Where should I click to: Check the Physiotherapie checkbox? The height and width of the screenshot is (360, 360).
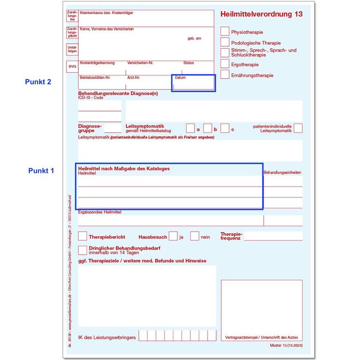(x=225, y=31)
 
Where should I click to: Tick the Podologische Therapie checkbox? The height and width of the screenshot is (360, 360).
(x=225, y=42)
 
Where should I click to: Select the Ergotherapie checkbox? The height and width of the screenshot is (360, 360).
(x=225, y=64)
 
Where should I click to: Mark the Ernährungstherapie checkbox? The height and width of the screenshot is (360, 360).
(x=225, y=75)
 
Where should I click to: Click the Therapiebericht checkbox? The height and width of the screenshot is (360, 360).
(x=82, y=236)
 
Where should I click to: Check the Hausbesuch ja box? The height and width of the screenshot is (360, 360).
(x=173, y=236)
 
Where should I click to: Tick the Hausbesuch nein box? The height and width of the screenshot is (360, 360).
(x=195, y=236)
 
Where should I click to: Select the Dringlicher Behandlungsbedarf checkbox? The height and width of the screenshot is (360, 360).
(x=82, y=250)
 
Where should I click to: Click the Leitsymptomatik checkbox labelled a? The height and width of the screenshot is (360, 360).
(x=190, y=128)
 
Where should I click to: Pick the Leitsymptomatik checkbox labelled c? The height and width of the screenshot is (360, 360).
(x=225, y=128)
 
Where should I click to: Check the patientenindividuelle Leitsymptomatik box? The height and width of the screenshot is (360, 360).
(x=298, y=128)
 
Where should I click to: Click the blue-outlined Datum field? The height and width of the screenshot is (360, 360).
(x=193, y=83)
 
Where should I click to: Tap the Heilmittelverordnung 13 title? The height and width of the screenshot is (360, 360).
(x=261, y=14)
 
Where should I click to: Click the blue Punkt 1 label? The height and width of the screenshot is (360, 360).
(x=41, y=171)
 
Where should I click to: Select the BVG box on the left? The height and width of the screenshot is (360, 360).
(x=72, y=67)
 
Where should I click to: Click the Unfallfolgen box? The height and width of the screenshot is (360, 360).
(x=72, y=49)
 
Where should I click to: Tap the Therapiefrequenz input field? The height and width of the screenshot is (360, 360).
(x=273, y=236)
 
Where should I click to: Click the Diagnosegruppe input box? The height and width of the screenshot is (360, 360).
(x=112, y=127)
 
